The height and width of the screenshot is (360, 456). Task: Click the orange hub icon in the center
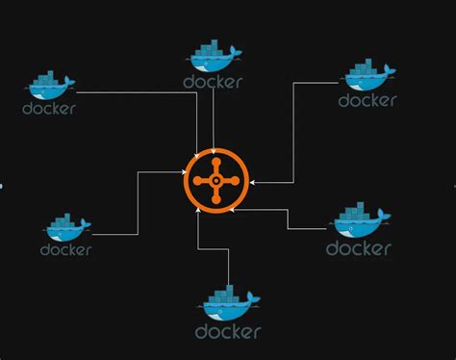[215, 179]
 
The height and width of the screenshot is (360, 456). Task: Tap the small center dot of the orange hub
[215, 179]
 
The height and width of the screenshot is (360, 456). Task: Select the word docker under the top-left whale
[49, 108]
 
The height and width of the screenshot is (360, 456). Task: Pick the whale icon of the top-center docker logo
[213, 59]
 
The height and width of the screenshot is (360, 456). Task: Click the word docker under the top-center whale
[212, 82]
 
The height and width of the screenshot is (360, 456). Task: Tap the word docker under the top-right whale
[367, 99]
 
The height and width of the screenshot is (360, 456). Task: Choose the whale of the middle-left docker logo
[66, 227]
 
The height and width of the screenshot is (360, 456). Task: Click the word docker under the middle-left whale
[66, 249]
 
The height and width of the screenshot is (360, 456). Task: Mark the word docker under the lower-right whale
[358, 248]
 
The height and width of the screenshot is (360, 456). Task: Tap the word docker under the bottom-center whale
[228, 332]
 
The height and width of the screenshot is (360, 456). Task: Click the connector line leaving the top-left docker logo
[135, 93]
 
